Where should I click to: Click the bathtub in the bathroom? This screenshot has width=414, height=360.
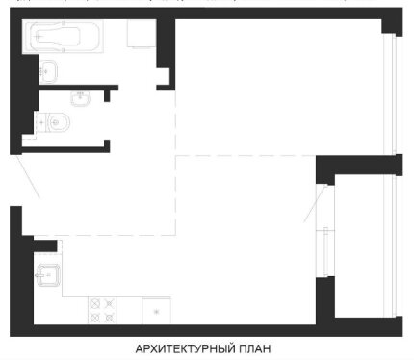pyautogui.click(x=63, y=38)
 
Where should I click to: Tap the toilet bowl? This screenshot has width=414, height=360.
pyautogui.click(x=59, y=122)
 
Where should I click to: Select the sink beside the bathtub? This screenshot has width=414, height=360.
pyautogui.click(x=48, y=72)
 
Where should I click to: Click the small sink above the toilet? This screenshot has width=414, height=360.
pyautogui.click(x=80, y=98)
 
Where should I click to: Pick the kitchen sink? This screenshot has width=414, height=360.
pyautogui.click(x=48, y=275)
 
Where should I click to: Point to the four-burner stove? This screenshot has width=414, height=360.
pyautogui.click(x=102, y=311)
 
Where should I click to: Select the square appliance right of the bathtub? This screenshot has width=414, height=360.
pyautogui.click(x=142, y=34)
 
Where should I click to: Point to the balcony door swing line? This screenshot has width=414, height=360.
pyautogui.click(x=316, y=203)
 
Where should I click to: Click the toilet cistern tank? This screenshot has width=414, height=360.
pyautogui.click(x=41, y=122)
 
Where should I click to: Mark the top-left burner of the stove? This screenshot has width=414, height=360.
pyautogui.click(x=95, y=303)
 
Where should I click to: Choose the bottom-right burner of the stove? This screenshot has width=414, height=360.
pyautogui.click(x=110, y=318)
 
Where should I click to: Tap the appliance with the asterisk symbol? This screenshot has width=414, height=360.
pyautogui.click(x=156, y=311)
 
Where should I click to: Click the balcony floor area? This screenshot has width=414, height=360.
pyautogui.click(x=359, y=246)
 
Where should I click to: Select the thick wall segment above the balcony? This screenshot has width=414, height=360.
pyautogui.click(x=359, y=165)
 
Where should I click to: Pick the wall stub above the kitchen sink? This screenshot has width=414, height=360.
pyautogui.click(x=45, y=245)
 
